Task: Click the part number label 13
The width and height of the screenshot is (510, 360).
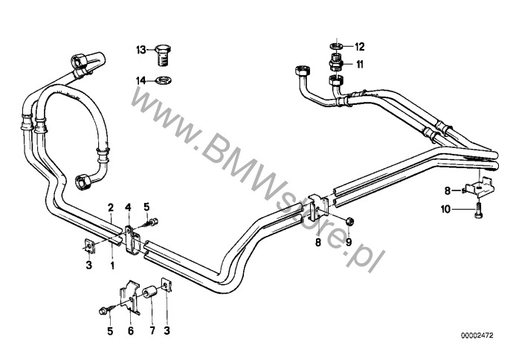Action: pyautogui.click(x=141, y=50)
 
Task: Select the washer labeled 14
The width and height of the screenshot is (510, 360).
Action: pyautogui.click(x=164, y=80)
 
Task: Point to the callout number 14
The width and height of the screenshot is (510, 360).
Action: pyautogui.click(x=141, y=80)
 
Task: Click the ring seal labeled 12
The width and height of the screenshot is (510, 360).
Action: pyautogui.click(x=337, y=46)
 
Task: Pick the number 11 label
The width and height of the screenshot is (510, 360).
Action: pyautogui.click(x=359, y=64)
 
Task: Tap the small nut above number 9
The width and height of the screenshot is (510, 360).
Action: pyautogui.click(x=349, y=221)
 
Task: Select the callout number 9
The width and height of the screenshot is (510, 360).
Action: pyautogui.click(x=349, y=242)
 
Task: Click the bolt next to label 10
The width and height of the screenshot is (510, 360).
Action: pyautogui.click(x=478, y=210)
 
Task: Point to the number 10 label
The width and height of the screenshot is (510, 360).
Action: pyautogui.click(x=446, y=209)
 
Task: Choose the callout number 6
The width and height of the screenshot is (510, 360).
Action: pyautogui.click(x=130, y=331)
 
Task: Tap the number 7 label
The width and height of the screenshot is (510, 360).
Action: pyautogui.click(x=152, y=331)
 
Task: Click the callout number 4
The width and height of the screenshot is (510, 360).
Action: pyautogui.click(x=128, y=207)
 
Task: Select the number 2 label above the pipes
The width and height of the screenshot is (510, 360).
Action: pyautogui.click(x=111, y=207)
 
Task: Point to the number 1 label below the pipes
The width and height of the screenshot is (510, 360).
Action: pyautogui.click(x=112, y=266)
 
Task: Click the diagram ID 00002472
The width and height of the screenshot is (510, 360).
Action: pyautogui.click(x=477, y=335)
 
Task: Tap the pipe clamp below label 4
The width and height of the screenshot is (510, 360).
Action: pyautogui.click(x=132, y=241)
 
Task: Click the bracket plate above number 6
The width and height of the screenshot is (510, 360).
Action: pyautogui.click(x=130, y=297)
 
